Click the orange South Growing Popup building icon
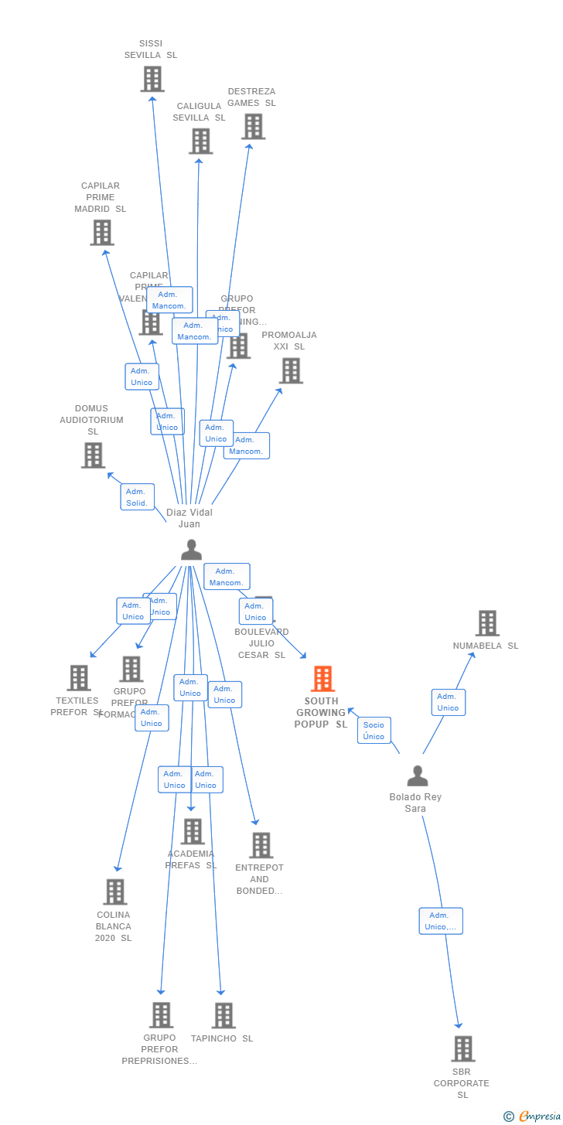click(322, 679)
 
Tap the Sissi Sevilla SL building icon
click(152, 79)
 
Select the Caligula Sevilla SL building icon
click(200, 141)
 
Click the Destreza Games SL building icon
click(253, 127)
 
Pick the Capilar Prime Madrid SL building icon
click(102, 233)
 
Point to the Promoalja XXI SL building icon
click(291, 371)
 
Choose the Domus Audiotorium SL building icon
click(93, 455)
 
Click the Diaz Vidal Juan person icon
click(191, 550)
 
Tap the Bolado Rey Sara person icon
click(418, 776)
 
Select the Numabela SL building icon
click(487, 623)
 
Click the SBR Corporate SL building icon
click(462, 1049)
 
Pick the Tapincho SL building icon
click(223, 1016)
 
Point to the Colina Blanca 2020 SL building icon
click(115, 892)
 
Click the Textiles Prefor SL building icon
click(79, 678)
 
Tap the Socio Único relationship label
click(374, 731)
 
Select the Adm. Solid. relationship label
click(137, 497)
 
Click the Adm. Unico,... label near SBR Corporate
click(441, 921)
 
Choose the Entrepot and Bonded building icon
click(261, 846)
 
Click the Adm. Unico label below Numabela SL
click(448, 702)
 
